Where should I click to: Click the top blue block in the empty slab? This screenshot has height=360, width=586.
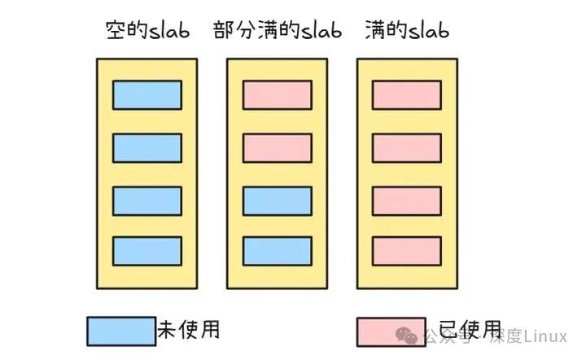click(146, 94)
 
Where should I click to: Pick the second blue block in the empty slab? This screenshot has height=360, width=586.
click(146, 147)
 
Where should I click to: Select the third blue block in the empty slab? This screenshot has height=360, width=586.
click(146, 200)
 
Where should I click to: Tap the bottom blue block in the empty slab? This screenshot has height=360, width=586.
click(146, 251)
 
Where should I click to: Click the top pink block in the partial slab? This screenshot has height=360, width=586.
click(277, 94)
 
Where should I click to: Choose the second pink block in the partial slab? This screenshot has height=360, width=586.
click(277, 147)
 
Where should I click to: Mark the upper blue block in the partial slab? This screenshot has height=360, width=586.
click(277, 200)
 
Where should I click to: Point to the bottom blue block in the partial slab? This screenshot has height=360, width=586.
click(277, 251)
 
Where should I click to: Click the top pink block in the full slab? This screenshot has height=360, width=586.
click(407, 94)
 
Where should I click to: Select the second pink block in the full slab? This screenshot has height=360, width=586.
click(407, 147)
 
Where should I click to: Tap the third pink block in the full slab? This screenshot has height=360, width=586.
click(407, 200)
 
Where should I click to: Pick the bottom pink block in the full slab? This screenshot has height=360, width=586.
click(407, 251)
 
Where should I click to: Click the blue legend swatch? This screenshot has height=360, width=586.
click(120, 331)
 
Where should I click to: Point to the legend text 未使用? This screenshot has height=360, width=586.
click(188, 330)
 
